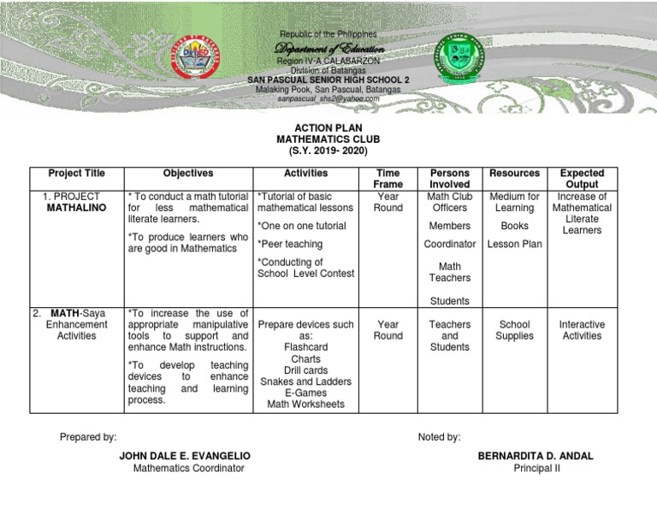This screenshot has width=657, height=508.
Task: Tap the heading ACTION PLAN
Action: pos(328,126)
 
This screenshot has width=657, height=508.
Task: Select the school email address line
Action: pos(328,98)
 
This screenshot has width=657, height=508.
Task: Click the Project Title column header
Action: pos(76,174)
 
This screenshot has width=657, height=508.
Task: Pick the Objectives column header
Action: pos(188,174)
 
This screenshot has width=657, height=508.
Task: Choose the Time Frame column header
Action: pos(388,179)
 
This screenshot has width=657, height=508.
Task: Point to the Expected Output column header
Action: pos(582,179)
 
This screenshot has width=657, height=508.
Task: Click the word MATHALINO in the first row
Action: pos(76,208)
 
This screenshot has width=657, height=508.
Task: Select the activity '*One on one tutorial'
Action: pos(301,226)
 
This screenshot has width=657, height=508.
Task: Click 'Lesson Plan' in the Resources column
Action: pos(514,244)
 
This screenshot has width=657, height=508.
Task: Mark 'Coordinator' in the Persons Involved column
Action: pos(450,244)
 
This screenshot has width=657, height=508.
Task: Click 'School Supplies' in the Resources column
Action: pos(514,330)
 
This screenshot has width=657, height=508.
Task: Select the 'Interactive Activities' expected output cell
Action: pos(582,330)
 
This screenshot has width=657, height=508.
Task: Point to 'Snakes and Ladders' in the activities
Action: pos(305,381)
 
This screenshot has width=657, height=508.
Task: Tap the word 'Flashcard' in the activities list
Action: pos(305,347)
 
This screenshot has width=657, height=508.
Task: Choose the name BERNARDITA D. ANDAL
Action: pos(536,456)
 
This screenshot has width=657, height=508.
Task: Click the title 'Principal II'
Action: pos(536,468)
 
